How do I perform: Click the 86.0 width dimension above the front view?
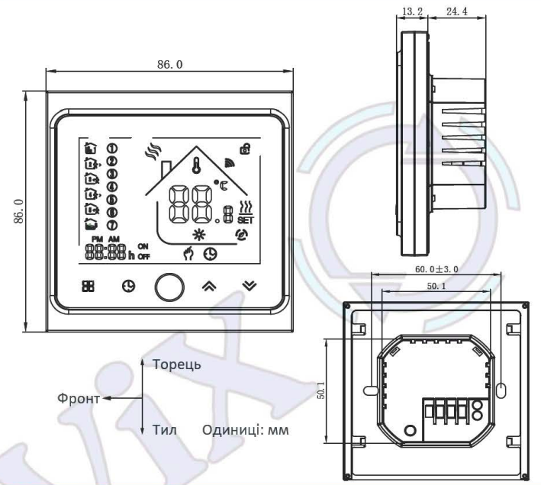pos(169,66)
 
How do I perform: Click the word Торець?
pos(177,364)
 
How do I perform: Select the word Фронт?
pos(79,397)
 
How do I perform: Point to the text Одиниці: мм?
pos(245,430)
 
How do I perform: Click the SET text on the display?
pos(245,220)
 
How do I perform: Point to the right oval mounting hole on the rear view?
pos(501,390)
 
